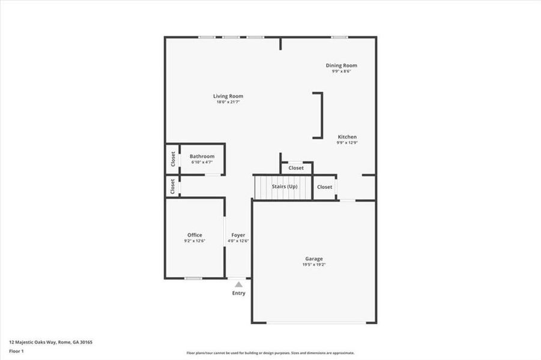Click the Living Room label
(x=228, y=96)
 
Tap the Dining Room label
(x=341, y=65)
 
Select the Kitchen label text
(x=347, y=137)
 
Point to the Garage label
(x=314, y=259)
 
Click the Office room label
(x=195, y=235)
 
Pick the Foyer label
(x=238, y=235)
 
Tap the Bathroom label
(x=202, y=157)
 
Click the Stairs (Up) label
(x=285, y=187)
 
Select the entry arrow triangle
(x=238, y=284)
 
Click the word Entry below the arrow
(x=238, y=293)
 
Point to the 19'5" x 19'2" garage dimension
(x=314, y=265)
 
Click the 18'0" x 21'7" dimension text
(x=228, y=102)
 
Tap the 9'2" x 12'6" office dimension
(x=195, y=241)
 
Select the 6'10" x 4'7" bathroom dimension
(x=202, y=163)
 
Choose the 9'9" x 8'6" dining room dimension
(x=341, y=71)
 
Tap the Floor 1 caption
(x=17, y=351)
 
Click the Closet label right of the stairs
(x=324, y=187)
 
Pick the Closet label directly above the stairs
(x=296, y=168)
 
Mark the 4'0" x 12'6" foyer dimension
(x=238, y=241)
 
